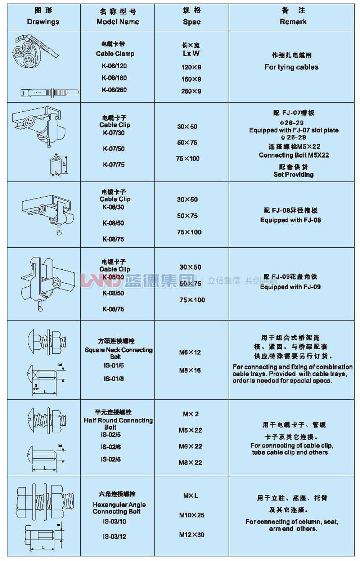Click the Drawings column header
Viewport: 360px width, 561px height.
[x=43, y=22]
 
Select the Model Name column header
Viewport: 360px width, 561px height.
[x=118, y=22]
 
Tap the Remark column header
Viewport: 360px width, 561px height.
[x=293, y=22]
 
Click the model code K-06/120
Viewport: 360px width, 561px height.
[x=114, y=66]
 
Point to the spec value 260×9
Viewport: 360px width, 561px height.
[x=191, y=91]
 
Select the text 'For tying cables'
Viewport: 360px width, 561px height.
[x=291, y=67]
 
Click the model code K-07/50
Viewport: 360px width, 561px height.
[x=114, y=149]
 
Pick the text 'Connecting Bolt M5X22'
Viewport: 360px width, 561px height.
[x=294, y=155]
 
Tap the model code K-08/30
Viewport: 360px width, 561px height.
[x=113, y=207]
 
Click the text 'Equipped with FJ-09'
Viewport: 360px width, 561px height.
[x=290, y=287]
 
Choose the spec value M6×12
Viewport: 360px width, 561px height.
[x=190, y=352]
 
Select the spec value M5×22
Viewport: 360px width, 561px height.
[x=190, y=430]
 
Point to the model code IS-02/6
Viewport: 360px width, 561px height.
[x=111, y=447]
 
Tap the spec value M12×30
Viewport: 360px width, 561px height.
[x=192, y=535]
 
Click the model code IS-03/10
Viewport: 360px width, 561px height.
[x=114, y=521]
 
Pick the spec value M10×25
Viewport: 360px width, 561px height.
[x=192, y=515]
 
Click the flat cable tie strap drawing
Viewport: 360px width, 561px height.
[x=49, y=92]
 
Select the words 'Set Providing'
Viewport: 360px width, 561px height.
[x=293, y=175]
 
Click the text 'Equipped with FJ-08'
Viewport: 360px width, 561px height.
[x=291, y=220]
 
